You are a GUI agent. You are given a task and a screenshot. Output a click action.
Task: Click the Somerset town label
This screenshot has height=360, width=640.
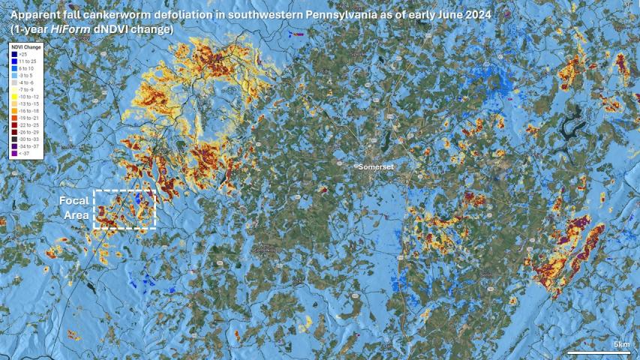(376, 166)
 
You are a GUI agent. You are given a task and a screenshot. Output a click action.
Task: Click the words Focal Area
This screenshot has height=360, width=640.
(74, 208)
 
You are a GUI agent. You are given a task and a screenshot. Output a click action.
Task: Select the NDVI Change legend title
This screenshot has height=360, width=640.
(26, 47)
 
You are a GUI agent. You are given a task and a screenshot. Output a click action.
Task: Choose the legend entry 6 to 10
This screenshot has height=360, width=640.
(26, 68)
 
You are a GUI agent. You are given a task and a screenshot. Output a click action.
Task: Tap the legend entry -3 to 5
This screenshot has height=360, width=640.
(26, 76)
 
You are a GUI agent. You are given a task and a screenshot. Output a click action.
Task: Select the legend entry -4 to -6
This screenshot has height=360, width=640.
(26, 82)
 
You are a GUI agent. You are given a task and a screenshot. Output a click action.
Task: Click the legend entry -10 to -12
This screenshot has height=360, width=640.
(27, 97)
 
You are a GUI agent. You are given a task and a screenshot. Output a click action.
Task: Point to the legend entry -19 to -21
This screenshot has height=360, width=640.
(27, 118)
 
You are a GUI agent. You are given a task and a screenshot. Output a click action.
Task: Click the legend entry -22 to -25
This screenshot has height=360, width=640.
(27, 124)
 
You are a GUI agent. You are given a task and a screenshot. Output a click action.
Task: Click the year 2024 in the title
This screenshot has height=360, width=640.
(462, 15)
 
